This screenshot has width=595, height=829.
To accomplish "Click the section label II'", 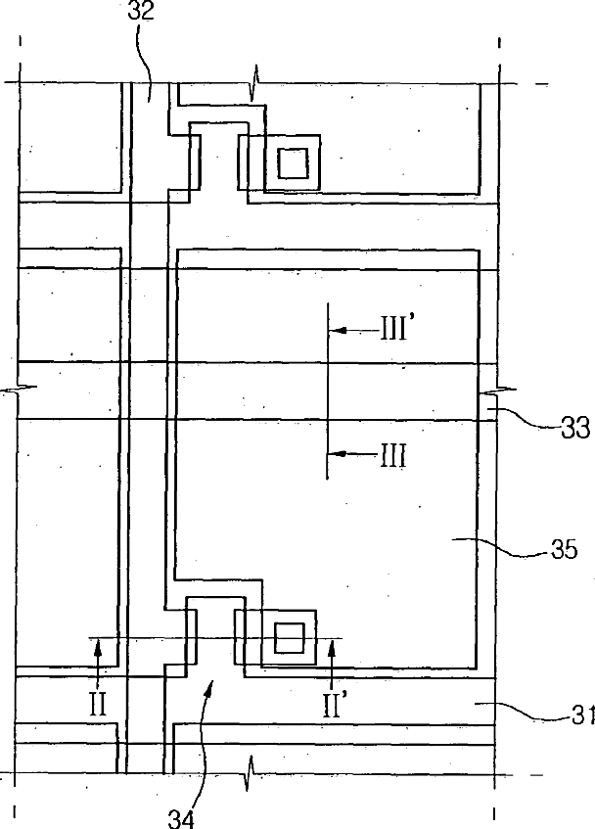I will [x=334, y=705].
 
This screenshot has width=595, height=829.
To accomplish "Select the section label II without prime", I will [x=98, y=705].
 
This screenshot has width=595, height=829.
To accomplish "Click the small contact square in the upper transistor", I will [x=292, y=163].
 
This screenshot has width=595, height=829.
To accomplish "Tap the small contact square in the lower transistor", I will [x=289, y=638].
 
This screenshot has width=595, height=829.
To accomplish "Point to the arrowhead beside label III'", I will [x=335, y=332].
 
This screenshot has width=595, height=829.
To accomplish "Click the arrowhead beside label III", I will [x=335, y=453].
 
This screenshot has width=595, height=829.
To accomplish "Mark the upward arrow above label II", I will [x=98, y=644].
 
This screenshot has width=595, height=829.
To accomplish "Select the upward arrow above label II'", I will [x=332, y=644].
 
